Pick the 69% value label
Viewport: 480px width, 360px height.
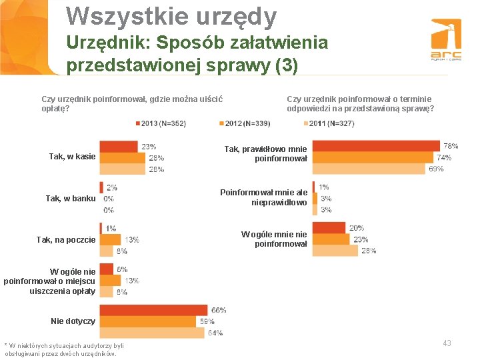pyautogui.click(x=435, y=169)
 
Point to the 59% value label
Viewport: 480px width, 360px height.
pyautogui.click(x=207, y=322)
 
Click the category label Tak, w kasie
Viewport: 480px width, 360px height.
pyautogui.click(x=72, y=157)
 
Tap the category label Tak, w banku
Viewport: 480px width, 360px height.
pyautogui.click(x=71, y=199)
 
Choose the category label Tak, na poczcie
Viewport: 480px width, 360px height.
pyautogui.click(x=66, y=240)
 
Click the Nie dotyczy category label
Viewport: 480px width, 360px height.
pyautogui.click(x=73, y=321)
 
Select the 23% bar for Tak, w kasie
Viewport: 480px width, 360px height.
pyautogui.click(x=119, y=147)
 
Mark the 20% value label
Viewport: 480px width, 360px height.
pyautogui.click(x=356, y=227)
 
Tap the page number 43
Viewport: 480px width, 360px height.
pyautogui.click(x=447, y=343)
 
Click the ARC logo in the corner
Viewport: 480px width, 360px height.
pyautogui.click(x=445, y=41)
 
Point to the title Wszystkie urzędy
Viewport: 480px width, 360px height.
pyautogui.click(x=171, y=17)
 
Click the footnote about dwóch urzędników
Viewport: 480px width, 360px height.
pyautogui.click(x=64, y=349)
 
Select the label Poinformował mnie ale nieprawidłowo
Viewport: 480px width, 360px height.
pyautogui.click(x=264, y=197)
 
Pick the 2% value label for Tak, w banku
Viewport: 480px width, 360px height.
pyautogui.click(x=111, y=188)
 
